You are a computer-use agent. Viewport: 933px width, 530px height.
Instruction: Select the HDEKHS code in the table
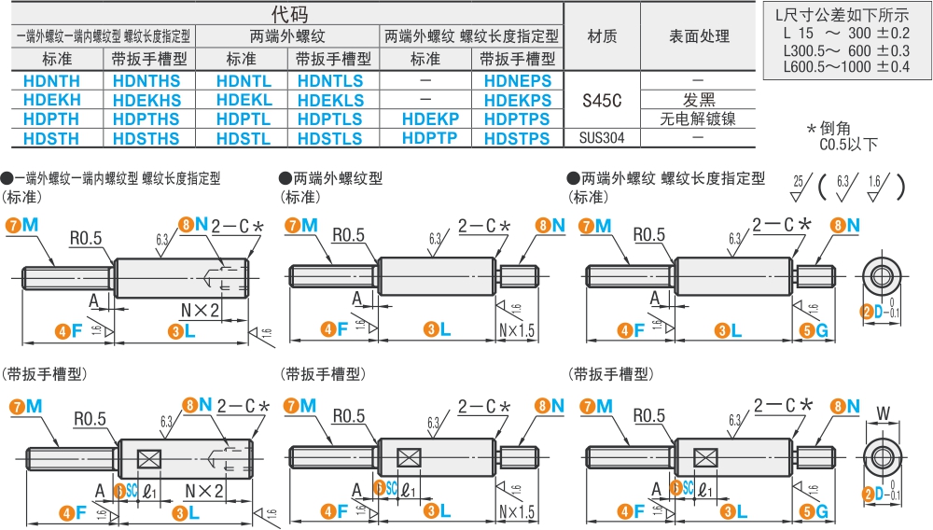pos(146,100)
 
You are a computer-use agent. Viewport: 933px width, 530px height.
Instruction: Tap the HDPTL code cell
pos(244,119)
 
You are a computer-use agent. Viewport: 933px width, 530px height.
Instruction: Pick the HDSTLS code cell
pos(329,138)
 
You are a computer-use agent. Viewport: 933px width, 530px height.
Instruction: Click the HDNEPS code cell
pos(518,81)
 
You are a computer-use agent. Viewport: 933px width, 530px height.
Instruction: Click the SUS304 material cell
pos(601,138)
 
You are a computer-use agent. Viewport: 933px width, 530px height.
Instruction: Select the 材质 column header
pos(601,37)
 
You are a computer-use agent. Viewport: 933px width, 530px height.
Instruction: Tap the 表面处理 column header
pos(699,37)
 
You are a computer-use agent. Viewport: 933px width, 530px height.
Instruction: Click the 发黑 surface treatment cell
pos(698,100)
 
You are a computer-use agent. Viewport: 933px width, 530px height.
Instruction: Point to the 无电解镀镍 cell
pos(698,119)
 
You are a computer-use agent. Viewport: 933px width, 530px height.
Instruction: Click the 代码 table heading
pos(289,13)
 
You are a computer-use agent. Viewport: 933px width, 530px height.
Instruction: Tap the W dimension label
pos(882,412)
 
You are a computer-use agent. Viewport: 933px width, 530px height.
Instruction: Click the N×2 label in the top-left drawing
pos(202,307)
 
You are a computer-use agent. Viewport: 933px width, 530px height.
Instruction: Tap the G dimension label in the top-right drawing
pos(821,329)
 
